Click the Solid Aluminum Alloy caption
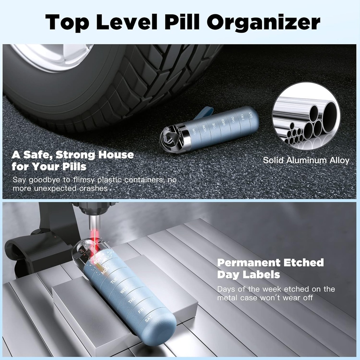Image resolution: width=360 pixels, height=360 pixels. point(306,161)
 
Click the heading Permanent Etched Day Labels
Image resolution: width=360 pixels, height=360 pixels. point(270,268)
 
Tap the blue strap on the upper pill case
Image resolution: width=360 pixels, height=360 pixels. point(204,112)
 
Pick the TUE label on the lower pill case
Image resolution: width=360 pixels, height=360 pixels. point(113,281)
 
